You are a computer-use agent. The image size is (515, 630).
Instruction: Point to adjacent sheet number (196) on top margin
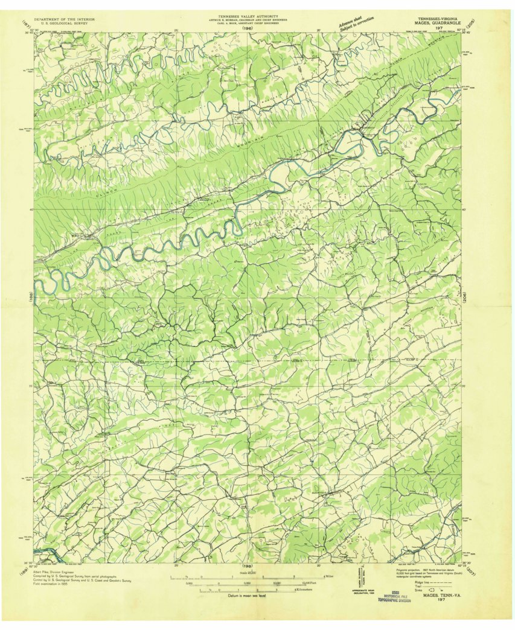click(246, 28)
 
